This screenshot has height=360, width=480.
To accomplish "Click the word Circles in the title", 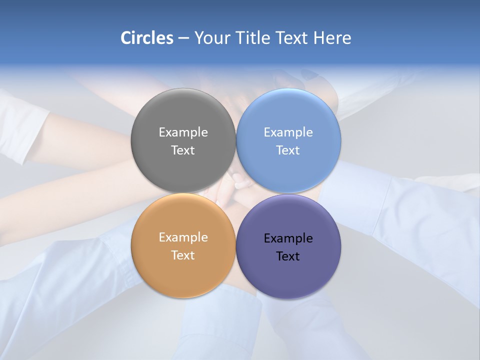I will click(x=146, y=38).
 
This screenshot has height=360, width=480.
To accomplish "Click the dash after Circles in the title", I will click(x=183, y=38).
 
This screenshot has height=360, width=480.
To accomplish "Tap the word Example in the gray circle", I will click(x=183, y=132).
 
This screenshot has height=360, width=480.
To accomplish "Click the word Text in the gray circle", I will click(x=183, y=150).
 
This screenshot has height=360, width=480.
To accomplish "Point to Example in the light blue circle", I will click(x=288, y=132).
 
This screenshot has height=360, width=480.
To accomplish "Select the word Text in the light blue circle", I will click(x=288, y=150).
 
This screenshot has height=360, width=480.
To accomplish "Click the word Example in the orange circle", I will click(x=183, y=237).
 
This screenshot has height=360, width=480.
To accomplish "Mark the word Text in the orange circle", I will click(x=183, y=255).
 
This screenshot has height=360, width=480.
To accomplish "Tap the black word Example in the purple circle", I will click(x=288, y=238).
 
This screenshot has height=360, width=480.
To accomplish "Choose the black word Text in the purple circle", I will click(x=288, y=256).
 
